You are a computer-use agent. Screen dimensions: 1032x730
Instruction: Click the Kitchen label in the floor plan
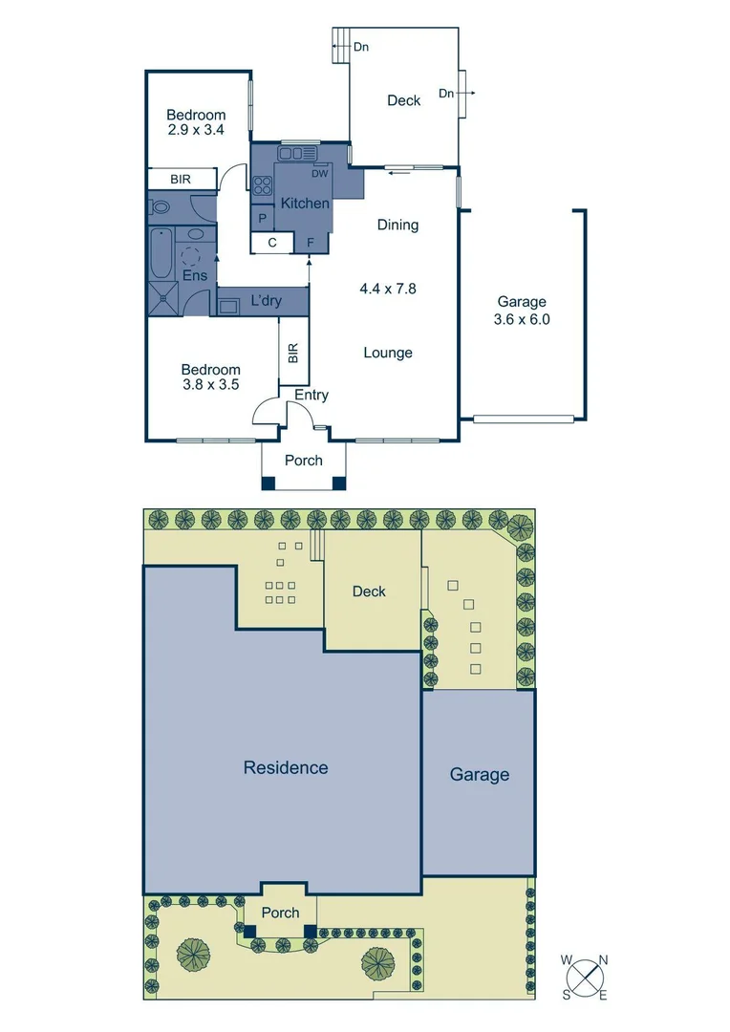(305, 204)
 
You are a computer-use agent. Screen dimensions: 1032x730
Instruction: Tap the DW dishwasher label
(320, 173)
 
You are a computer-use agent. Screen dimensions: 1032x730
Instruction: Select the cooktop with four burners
(263, 185)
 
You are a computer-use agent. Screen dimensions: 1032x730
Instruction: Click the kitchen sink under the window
(298, 153)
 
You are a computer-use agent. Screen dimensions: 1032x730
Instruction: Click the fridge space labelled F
(311, 243)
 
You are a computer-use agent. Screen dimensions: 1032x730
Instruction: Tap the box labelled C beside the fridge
(272, 243)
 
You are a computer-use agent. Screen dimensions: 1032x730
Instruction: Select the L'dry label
(266, 301)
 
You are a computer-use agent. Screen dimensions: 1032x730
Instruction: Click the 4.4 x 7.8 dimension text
(388, 287)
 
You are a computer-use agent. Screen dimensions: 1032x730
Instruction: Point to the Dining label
(397, 226)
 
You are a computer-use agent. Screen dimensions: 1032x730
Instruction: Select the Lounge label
(388, 353)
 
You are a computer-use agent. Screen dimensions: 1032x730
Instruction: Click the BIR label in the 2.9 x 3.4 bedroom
(181, 179)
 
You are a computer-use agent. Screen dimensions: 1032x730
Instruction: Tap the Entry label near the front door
(311, 395)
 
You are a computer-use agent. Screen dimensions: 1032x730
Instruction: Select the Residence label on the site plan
(285, 767)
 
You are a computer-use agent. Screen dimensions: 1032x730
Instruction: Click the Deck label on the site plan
(369, 591)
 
